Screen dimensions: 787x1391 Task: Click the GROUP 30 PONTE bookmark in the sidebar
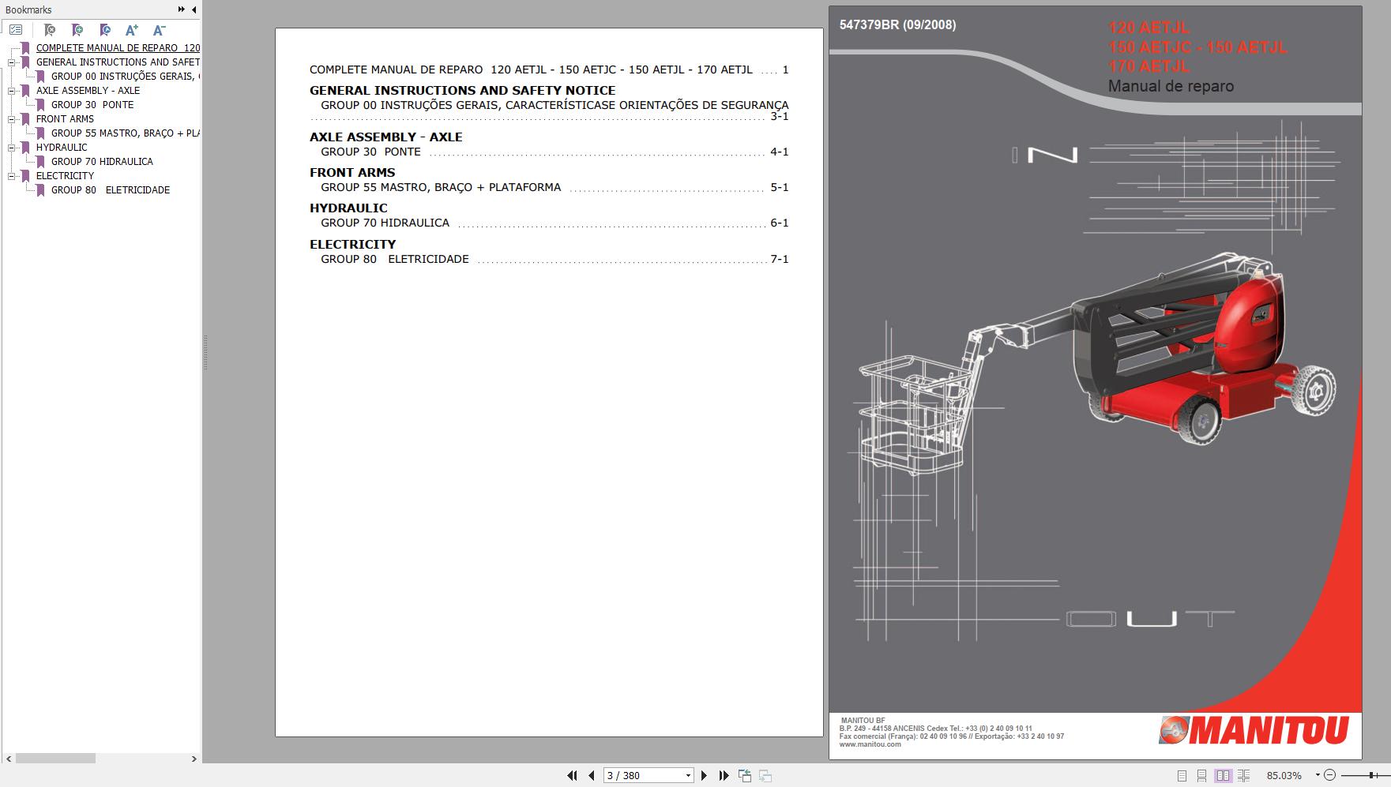pos(92,105)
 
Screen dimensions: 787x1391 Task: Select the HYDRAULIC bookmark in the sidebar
pos(62,148)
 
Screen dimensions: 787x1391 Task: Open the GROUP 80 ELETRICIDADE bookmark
pos(110,190)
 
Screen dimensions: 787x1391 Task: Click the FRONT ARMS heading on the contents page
pos(352,173)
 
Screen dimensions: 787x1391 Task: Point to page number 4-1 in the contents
pos(779,152)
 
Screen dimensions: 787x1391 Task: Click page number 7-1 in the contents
pos(779,260)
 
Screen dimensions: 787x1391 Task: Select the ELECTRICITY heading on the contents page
pos(352,245)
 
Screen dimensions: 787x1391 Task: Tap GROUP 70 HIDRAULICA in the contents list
pos(385,223)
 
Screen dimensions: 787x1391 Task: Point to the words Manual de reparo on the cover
pos(1171,87)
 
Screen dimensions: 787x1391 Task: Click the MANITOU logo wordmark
pos(1269,730)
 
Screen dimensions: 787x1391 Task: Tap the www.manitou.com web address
pos(870,744)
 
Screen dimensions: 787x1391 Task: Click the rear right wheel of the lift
pos(1315,390)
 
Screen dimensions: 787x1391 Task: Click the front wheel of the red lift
pos(1201,420)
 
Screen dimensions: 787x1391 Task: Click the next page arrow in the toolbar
pos(704,776)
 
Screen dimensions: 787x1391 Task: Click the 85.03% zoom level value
pos(1284,776)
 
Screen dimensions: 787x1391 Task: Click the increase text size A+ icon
pos(131,30)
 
